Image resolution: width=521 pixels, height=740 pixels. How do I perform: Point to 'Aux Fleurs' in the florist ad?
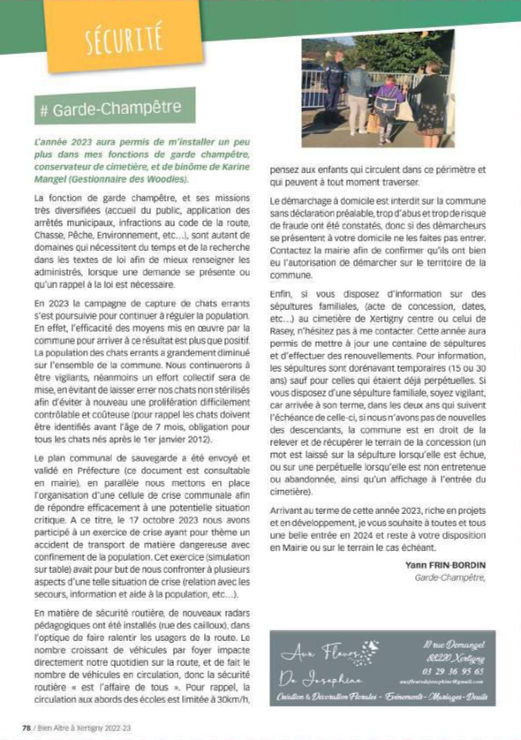pos(319,654)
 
